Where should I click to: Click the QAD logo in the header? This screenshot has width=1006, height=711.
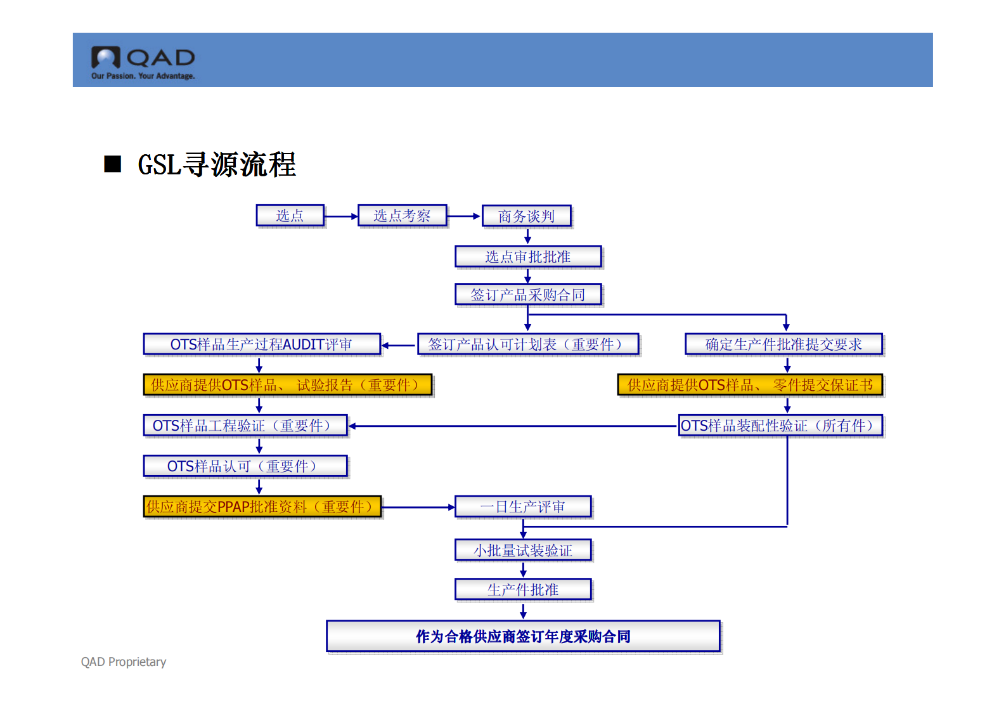click(x=143, y=62)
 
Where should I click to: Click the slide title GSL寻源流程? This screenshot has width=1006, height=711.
click(x=217, y=165)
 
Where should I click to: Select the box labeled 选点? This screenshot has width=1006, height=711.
click(x=290, y=216)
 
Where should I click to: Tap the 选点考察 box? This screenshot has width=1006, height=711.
click(x=402, y=216)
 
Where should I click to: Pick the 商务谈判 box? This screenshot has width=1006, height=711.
click(x=526, y=216)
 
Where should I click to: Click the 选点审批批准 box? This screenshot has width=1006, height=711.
click(x=527, y=257)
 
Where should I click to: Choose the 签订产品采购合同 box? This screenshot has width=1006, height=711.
click(x=527, y=295)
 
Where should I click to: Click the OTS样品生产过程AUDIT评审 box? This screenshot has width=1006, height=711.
click(x=261, y=344)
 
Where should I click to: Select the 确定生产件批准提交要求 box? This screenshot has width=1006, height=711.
click(x=784, y=344)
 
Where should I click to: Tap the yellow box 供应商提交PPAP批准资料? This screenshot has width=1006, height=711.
click(x=262, y=507)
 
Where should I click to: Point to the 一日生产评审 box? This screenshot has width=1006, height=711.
click(x=523, y=507)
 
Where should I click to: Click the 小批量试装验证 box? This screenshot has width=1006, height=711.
click(x=523, y=551)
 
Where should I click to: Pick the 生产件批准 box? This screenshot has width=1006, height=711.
click(x=523, y=590)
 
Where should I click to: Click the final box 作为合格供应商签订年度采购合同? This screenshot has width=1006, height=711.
click(x=523, y=636)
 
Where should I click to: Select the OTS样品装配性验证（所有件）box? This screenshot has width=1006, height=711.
click(x=780, y=426)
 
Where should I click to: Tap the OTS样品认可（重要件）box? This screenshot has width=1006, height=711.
click(x=245, y=466)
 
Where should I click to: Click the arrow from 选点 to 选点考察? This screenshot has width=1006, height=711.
click(x=341, y=216)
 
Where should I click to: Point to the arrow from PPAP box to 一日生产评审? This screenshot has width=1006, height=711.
click(x=418, y=507)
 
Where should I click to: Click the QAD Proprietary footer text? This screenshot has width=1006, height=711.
click(x=124, y=662)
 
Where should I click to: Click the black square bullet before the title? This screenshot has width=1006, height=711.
click(x=113, y=164)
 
